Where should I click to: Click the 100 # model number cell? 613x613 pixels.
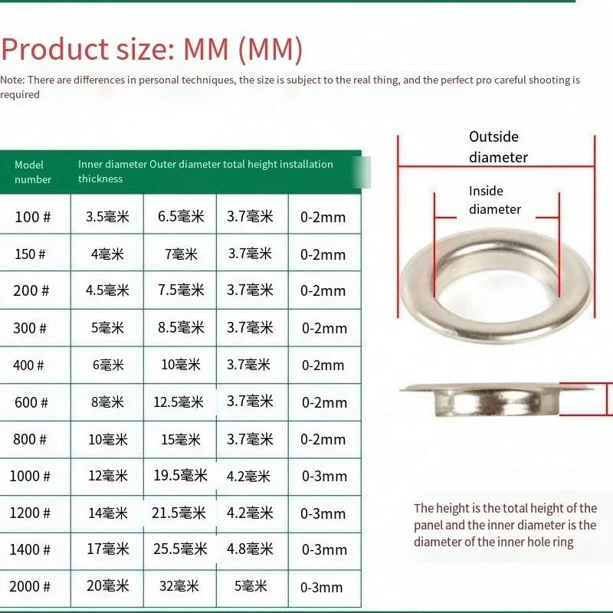coord(33,217)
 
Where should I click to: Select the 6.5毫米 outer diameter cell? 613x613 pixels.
coord(180,217)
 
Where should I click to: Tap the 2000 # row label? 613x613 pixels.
coord(30,586)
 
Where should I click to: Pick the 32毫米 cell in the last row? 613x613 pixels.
coord(180,586)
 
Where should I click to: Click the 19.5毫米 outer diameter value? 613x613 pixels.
coord(180,476)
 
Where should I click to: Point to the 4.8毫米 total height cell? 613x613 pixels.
coord(250,549)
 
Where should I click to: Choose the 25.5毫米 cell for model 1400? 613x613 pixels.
coord(180,549)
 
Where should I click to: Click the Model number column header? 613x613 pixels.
coord(33,172)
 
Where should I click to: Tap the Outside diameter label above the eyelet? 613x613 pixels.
coord(497,146)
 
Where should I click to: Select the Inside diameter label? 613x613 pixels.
coord(494,200)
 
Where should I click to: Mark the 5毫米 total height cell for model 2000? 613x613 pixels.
coord(251,586)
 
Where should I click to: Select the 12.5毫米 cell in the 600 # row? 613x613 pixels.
coord(179,402)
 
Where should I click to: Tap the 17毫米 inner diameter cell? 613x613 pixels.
coord(108,549)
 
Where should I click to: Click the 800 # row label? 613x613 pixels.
coord(30,439)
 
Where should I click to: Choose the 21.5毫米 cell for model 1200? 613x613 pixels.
coord(180,513)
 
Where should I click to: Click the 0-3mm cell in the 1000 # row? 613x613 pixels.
coord(324,476)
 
